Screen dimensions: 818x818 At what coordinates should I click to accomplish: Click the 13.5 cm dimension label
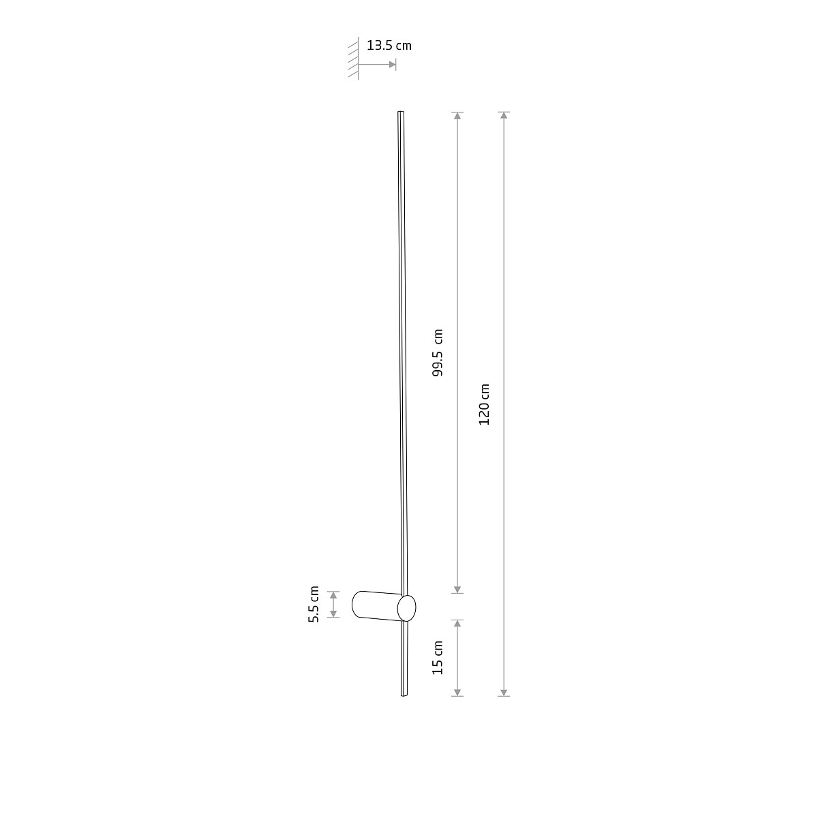[389, 46]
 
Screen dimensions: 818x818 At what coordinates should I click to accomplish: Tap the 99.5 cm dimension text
[438, 352]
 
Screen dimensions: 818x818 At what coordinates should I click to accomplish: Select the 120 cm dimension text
[485, 404]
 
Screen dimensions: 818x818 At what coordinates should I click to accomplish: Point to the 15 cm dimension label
[438, 658]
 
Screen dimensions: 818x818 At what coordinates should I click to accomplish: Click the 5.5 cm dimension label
[314, 604]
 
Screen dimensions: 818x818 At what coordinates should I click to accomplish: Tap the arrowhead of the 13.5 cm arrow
[392, 65]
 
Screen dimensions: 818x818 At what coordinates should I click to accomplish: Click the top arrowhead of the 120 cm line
[504, 115]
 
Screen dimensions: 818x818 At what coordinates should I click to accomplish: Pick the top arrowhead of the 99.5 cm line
[457, 115]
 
